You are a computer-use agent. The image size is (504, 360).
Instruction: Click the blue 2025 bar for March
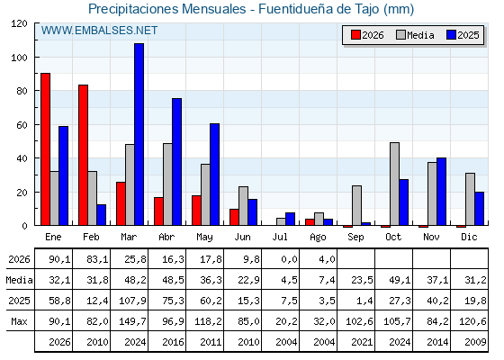tap(139, 134)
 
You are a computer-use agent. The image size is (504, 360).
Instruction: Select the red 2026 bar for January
tap(45, 149)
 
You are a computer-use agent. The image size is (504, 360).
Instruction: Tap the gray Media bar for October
tap(394, 184)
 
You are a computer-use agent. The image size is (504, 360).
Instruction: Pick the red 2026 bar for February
tap(83, 155)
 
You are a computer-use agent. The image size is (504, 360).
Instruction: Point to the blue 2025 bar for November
tap(441, 192)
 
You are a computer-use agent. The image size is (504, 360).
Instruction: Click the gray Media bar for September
tap(356, 205)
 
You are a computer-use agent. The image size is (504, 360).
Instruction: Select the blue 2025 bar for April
tap(176, 162)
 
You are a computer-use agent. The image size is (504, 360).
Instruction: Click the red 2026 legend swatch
tap(355, 35)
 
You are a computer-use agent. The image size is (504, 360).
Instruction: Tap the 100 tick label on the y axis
tap(21, 58)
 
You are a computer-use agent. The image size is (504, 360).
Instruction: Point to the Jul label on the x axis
tap(280, 237)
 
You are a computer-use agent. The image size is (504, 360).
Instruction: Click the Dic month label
tap(469, 237)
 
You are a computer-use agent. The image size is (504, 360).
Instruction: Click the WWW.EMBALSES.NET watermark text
tap(99, 31)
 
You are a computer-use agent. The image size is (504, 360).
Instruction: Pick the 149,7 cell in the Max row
tap(133, 321)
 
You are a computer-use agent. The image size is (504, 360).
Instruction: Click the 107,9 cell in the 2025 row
tap(133, 301)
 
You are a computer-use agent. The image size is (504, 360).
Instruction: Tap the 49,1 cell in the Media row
tap(400, 280)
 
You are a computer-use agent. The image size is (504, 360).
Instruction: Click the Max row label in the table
tap(19, 321)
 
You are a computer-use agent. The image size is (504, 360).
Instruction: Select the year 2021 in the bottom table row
tap(362, 342)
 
